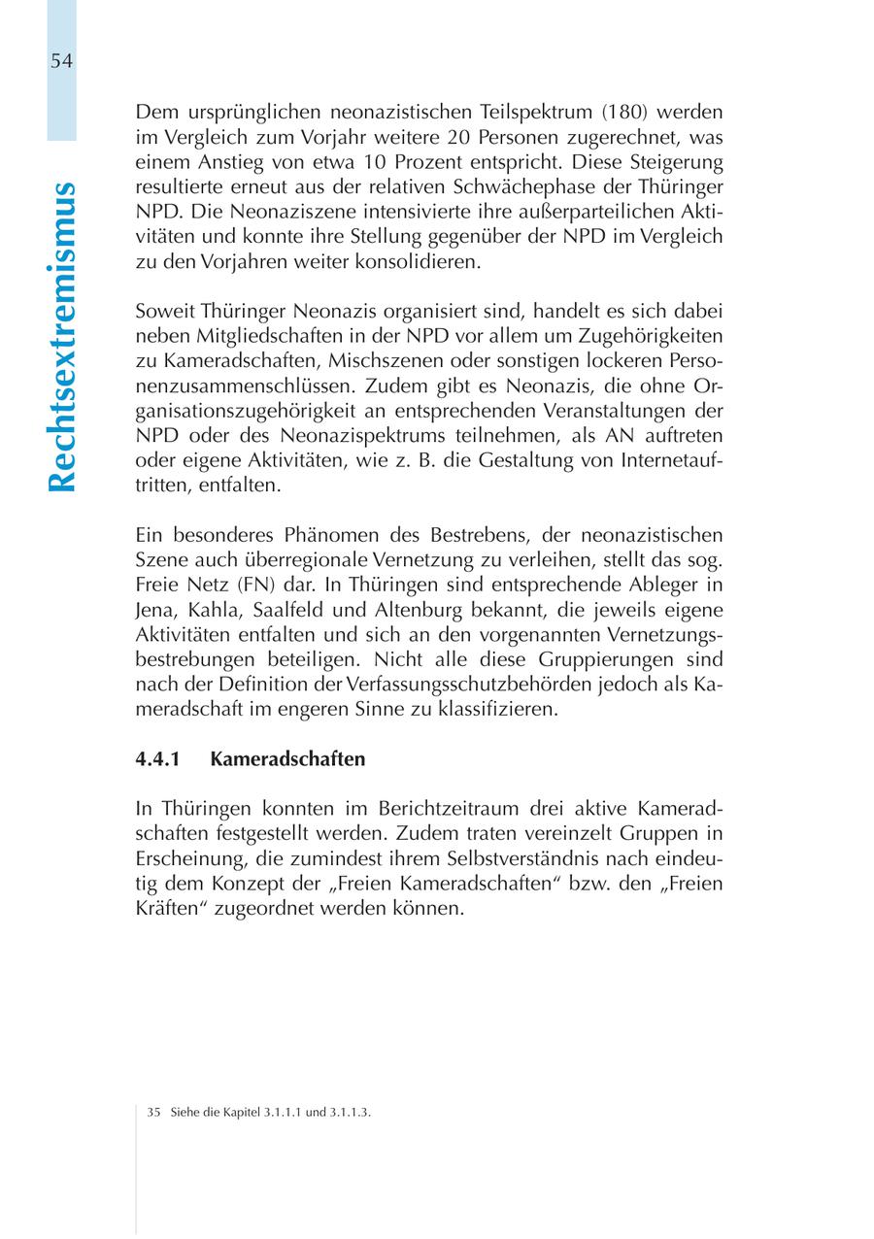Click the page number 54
(x=61, y=61)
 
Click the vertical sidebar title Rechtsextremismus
(x=61, y=335)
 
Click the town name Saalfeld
(x=289, y=611)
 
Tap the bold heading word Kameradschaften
(x=287, y=759)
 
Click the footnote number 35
(x=153, y=1113)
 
